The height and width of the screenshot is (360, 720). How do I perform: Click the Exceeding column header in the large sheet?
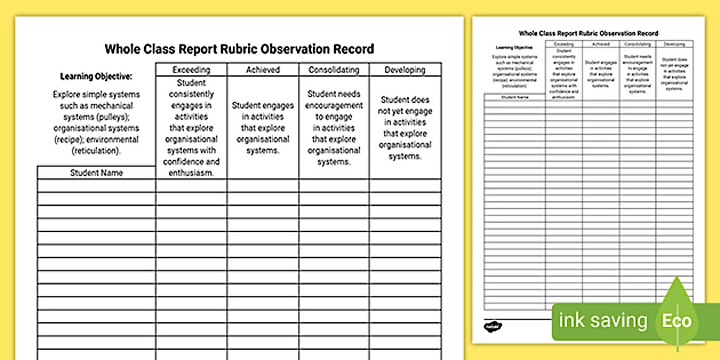click(191, 70)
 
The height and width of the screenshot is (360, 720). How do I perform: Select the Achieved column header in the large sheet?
click(263, 70)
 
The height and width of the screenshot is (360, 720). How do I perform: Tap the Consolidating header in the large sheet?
click(334, 70)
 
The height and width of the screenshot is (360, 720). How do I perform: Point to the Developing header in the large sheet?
click(405, 70)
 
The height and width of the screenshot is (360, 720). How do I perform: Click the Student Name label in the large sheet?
click(97, 173)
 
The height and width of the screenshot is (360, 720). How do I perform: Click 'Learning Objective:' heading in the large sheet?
click(96, 77)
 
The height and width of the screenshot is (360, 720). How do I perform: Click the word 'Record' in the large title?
click(354, 49)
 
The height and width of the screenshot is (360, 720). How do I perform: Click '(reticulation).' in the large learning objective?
click(96, 151)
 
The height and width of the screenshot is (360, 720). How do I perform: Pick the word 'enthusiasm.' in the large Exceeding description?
click(191, 173)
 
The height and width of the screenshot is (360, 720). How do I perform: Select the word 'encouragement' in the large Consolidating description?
click(334, 105)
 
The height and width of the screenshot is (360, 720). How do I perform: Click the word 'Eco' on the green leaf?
click(677, 321)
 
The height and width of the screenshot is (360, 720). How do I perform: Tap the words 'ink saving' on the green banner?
click(603, 321)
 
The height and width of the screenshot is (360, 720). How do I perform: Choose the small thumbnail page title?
click(589, 33)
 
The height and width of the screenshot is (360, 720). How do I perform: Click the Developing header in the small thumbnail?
click(674, 44)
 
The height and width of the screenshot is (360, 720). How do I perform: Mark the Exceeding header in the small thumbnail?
click(564, 44)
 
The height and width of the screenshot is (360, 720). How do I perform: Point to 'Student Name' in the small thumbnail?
click(515, 97)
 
